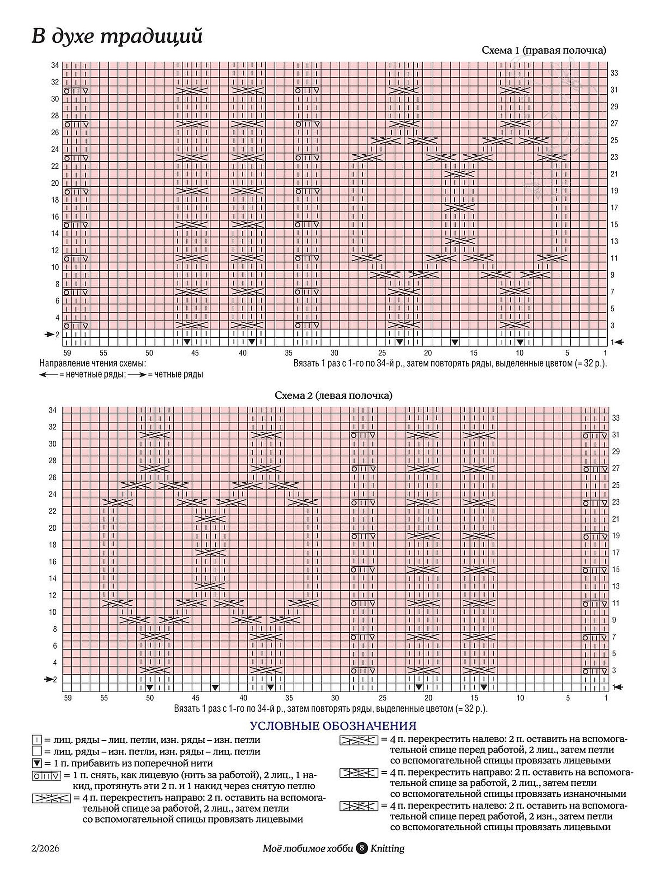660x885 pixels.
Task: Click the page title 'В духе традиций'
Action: coord(117,36)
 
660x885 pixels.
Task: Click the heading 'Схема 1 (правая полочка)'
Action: coord(544,50)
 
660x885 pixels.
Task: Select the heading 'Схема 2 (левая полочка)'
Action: coord(333,395)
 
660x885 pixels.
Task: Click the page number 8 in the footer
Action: coord(362,848)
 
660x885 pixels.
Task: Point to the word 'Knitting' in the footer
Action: coord(387,848)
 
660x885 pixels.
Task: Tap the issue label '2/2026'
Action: coord(46,848)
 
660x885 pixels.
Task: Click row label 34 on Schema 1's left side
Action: coord(55,66)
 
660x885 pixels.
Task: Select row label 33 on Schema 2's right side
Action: coord(616,418)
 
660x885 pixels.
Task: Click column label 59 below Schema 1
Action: coord(67,353)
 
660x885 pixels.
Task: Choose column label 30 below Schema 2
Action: coord(335,698)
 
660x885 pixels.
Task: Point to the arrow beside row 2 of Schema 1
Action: coord(49,334)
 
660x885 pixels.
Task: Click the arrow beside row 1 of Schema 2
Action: coord(618,687)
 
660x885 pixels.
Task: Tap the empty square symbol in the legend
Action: coord(37,752)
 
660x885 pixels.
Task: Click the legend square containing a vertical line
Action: coord(37,740)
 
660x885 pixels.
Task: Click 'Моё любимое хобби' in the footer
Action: coord(308,848)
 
